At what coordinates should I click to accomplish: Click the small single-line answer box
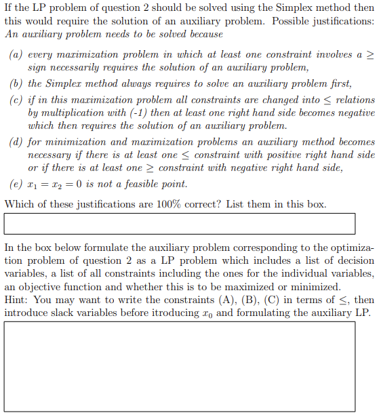[180, 224]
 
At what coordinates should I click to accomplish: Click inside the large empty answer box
[180, 366]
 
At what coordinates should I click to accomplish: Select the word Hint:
[17, 300]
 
